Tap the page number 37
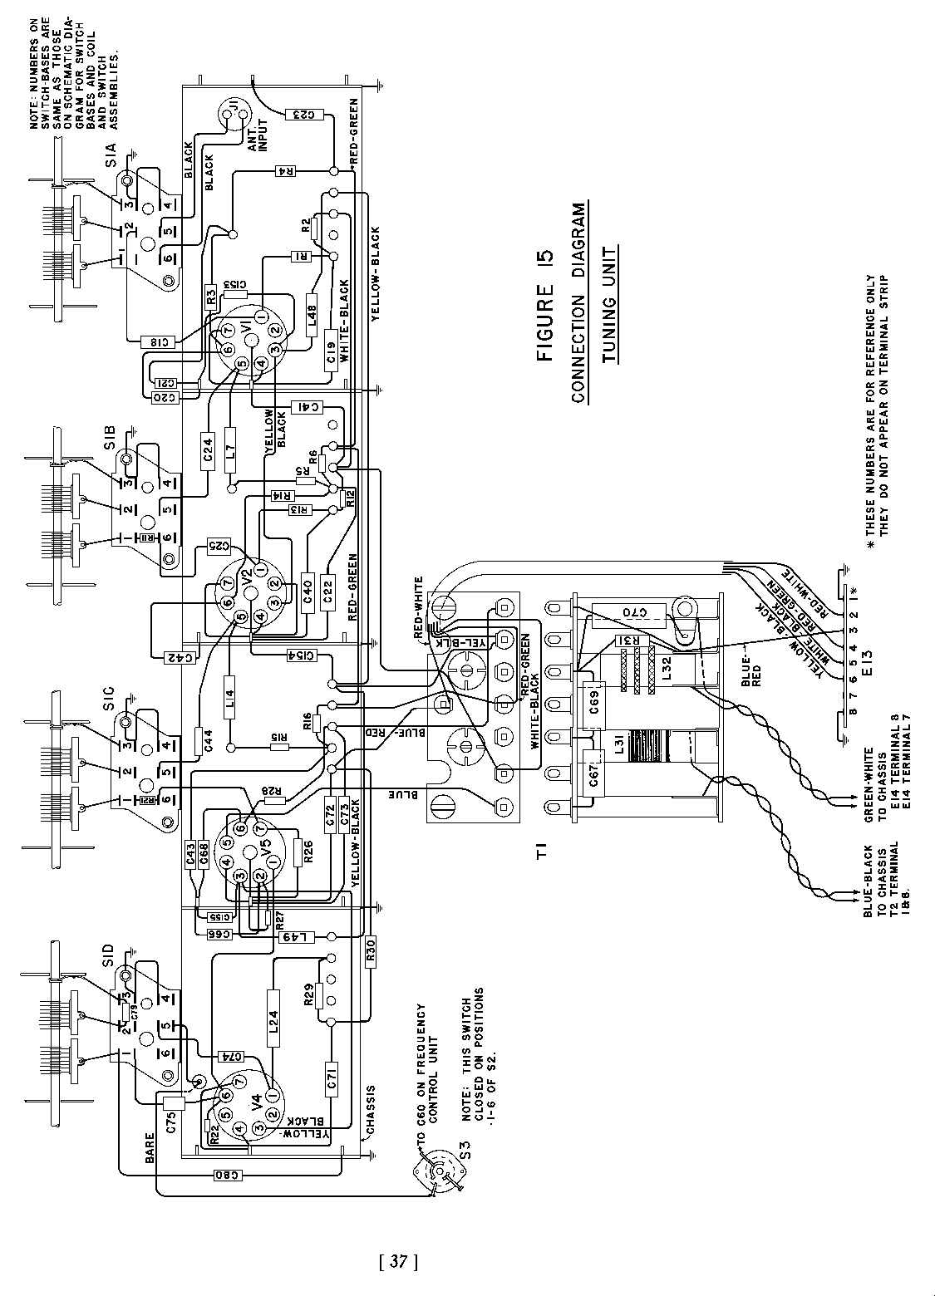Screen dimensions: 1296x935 [396, 1263]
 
